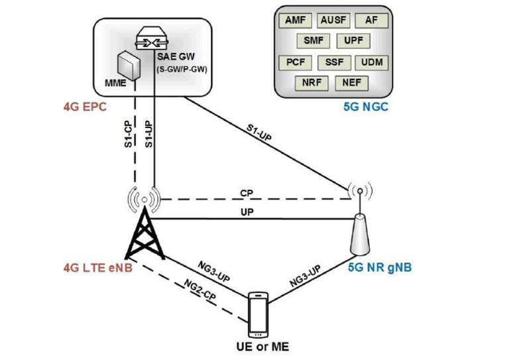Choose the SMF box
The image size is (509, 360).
pos(313,42)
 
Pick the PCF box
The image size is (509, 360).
pos(296,64)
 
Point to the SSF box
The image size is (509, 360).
pos(333,64)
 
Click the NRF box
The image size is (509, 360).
pos(313,84)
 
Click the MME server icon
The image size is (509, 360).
pos(129,64)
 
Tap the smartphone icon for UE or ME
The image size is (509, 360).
pos(259,316)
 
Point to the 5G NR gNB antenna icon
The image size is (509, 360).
pos(359,229)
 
